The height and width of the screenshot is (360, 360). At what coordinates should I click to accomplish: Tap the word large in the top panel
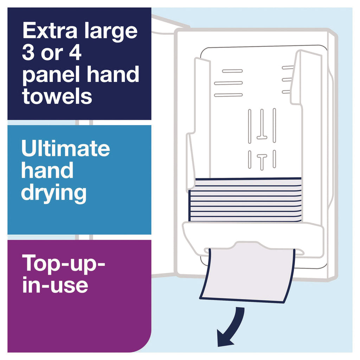click(111, 32)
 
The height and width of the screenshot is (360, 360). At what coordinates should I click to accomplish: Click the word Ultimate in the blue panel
click(65, 148)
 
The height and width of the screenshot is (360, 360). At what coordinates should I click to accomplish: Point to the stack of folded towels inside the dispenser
click(245, 200)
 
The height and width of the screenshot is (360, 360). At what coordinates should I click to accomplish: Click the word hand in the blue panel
click(47, 170)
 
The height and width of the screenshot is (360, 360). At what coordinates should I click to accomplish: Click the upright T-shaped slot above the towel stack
click(262, 162)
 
